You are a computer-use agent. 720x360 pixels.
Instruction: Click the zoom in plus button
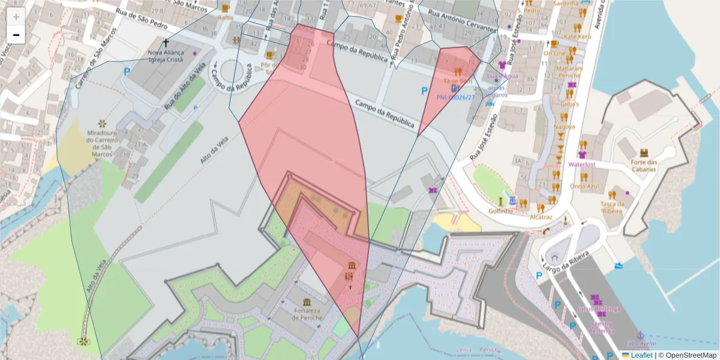(x=16, y=17)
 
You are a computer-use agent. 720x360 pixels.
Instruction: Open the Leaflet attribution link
(x=641, y=355)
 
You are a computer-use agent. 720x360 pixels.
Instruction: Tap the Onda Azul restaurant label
(x=584, y=186)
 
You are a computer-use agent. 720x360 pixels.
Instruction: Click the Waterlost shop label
(x=581, y=163)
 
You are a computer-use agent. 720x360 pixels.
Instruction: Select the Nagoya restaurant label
(x=563, y=127)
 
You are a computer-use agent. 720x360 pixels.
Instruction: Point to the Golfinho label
(x=500, y=211)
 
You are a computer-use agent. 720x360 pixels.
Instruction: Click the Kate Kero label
(x=578, y=37)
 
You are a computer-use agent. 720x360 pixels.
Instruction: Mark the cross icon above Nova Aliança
(x=166, y=43)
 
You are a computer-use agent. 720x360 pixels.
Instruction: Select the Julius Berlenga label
(x=598, y=309)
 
